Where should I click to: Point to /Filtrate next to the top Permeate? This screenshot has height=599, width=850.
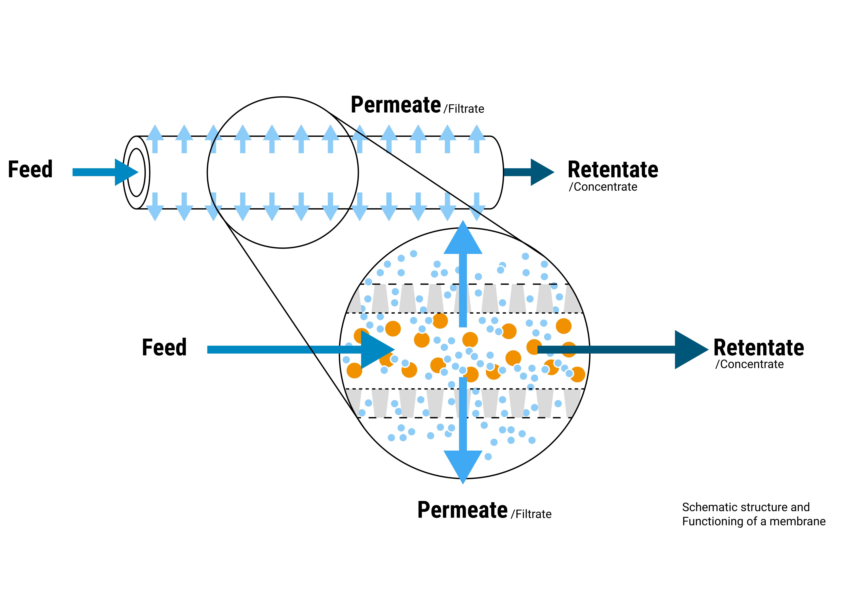click(x=464, y=109)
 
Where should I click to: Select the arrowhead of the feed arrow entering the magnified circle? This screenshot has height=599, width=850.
click(x=376, y=349)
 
